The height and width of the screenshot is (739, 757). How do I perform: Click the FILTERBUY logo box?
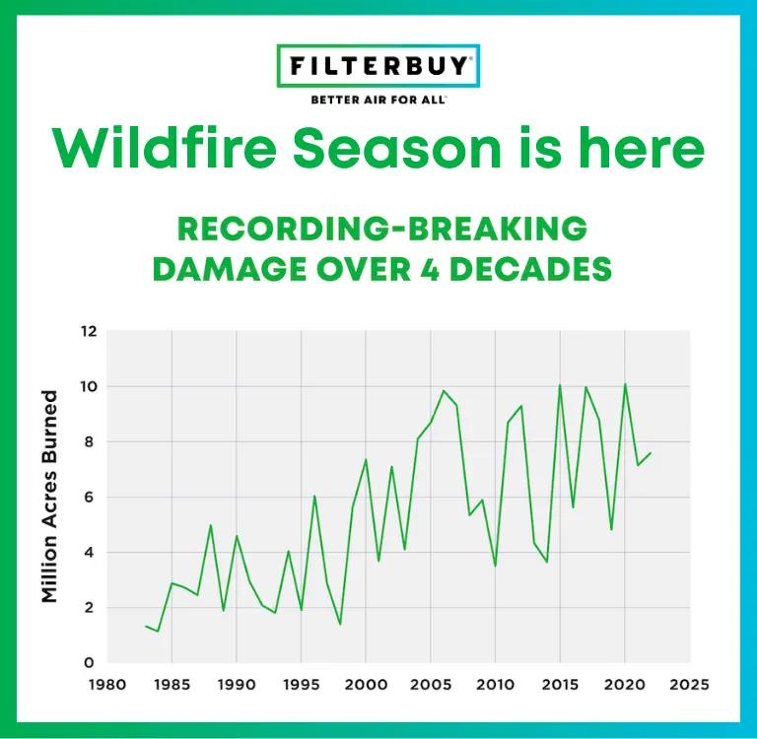378,67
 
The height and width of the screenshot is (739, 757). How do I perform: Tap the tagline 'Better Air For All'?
378,100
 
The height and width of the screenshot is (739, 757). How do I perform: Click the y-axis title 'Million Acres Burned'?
50,496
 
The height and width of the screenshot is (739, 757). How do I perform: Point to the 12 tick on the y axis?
89,331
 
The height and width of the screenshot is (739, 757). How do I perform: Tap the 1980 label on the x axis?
107,684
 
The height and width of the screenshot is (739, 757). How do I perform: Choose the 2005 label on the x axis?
431,684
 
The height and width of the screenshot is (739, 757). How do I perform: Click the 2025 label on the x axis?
689,684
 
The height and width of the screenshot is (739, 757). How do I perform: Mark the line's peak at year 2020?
625,384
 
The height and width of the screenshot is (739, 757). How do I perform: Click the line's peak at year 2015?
560,385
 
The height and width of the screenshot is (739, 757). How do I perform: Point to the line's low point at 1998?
340,624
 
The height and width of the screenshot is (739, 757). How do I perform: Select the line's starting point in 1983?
146,626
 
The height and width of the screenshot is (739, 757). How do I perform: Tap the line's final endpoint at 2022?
651,453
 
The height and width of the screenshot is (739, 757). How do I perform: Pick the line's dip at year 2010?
495,566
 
